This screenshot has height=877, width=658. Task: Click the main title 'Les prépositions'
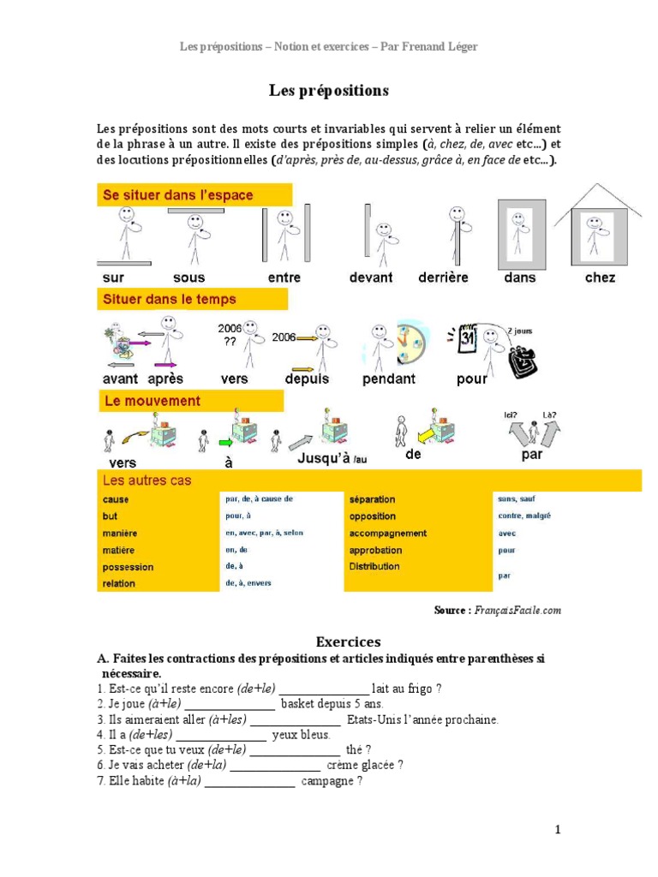pos(329,90)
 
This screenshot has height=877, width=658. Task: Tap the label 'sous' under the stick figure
pos(189,277)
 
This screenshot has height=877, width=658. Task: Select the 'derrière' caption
pos(443,277)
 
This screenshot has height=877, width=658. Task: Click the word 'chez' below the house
pos(600,277)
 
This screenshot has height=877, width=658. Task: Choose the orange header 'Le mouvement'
pos(153,401)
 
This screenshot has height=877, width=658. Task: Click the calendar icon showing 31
pos(467,338)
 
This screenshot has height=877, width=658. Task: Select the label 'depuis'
pos(307,379)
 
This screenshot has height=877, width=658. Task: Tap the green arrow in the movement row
pos(225,443)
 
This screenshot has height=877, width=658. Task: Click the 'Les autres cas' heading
pos(147,480)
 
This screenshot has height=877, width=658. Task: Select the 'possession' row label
pos(129,567)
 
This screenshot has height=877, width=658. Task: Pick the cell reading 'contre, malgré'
pos(524,516)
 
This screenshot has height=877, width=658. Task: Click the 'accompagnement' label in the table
pos(388,534)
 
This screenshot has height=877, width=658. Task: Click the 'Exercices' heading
pos(348,641)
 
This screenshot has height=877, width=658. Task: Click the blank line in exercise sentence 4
pos(221,736)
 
